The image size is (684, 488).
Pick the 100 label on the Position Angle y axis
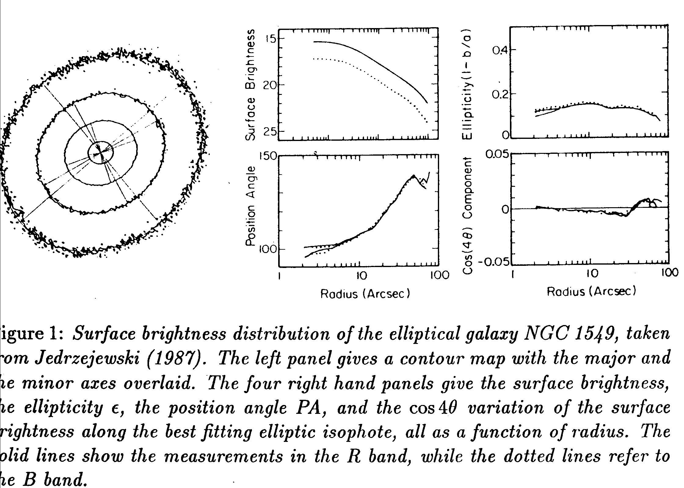[267, 249]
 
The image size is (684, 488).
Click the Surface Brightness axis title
[251, 85]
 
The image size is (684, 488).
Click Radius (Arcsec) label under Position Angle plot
[365, 294]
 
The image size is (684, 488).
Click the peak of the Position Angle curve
[414, 175]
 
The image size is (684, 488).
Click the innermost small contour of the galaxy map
[101, 153]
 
